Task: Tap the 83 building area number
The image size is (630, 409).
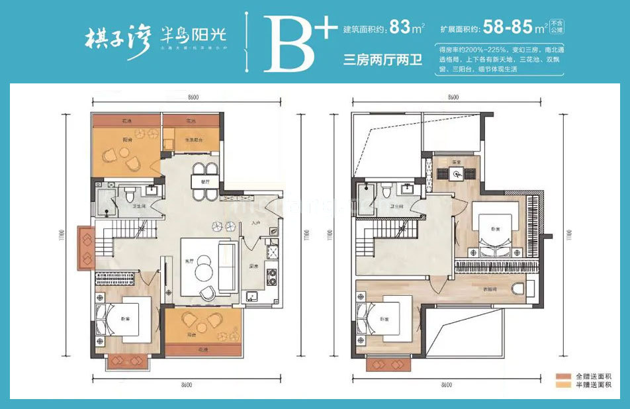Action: pyautogui.click(x=399, y=28)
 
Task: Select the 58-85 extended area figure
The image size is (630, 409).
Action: pyautogui.click(x=512, y=28)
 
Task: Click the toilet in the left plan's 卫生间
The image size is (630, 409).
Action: pyautogui.click(x=130, y=196)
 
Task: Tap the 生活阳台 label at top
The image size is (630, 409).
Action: pyautogui.click(x=193, y=140)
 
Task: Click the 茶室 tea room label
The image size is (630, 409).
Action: pyautogui.click(x=456, y=161)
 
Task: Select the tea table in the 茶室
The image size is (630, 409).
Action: pyautogui.click(x=457, y=174)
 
